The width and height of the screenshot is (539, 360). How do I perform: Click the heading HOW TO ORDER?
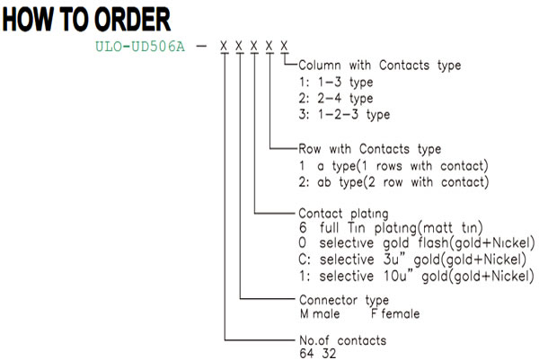coord(86,20)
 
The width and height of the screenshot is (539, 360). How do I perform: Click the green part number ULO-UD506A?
coord(140,47)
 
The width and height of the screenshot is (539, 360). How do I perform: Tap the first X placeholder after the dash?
coord(224,46)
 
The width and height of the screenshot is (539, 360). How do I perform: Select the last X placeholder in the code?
coord(284,46)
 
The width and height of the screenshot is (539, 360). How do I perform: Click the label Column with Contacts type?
coord(379,66)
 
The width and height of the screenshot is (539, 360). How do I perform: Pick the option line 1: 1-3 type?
coord(336,83)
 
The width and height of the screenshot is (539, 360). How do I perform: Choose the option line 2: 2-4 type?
coord(336,99)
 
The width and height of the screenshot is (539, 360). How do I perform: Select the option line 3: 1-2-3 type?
coord(344,115)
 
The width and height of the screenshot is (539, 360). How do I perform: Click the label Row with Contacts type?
coord(369,149)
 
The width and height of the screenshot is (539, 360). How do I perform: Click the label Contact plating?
coord(343,214)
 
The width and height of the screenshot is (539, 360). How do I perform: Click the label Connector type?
coord(344,300)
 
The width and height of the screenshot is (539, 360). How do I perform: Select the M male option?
coord(320,313)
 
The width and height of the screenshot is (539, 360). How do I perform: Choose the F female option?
coord(395,313)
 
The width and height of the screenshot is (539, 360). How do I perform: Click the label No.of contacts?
coord(343,340)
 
